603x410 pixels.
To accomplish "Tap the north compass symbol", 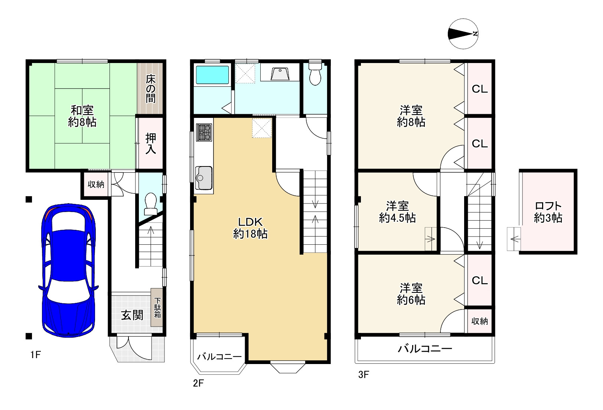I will [463, 34].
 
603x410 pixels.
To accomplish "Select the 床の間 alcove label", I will [150, 89].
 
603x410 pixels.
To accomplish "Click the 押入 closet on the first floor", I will [150, 143].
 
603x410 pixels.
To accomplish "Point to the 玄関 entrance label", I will [132, 315].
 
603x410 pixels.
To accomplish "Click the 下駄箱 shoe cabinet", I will [157, 308].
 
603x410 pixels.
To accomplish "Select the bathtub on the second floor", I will [212, 75].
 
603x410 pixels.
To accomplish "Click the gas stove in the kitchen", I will [204, 132].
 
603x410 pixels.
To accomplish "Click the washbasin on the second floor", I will [280, 74].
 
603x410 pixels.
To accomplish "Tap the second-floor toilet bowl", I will [315, 74].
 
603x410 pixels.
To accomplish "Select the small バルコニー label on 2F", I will [219, 357].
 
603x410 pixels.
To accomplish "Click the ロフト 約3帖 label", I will [548, 212].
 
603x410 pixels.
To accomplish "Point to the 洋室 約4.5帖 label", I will [397, 212].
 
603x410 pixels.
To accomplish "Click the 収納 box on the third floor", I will [479, 321].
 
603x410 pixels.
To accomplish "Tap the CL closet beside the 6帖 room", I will [479, 281].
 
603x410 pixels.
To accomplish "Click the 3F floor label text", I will [364, 375].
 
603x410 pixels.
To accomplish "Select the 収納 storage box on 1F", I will [96, 184].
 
